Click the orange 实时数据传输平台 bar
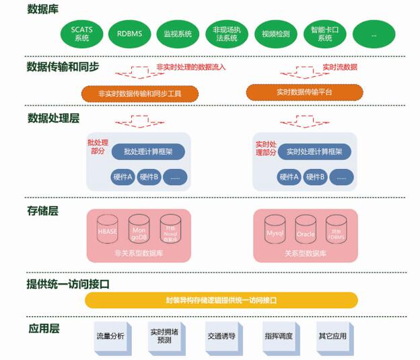point(304,92)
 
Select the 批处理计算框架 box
point(148,152)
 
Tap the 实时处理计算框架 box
point(314,152)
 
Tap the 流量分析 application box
point(110,336)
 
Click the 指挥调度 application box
point(278,336)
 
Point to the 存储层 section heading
point(42,211)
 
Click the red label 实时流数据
point(340,67)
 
